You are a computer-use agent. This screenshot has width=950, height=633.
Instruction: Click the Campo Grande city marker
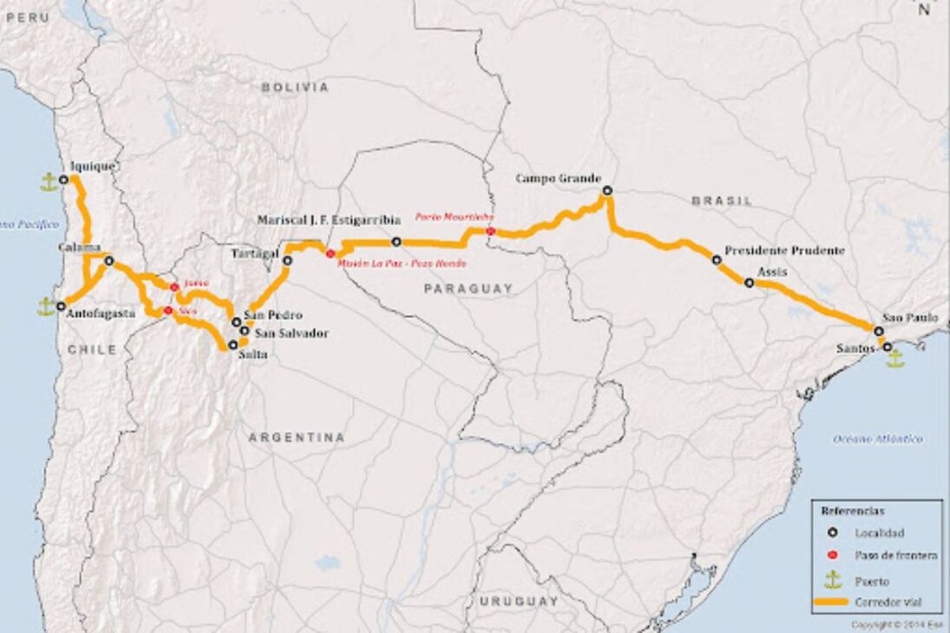[607, 190]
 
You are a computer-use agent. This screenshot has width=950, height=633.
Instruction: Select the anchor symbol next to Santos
[894, 358]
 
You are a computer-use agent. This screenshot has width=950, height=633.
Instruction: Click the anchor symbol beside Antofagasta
[47, 306]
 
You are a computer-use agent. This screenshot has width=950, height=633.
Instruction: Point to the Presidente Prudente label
[784, 251]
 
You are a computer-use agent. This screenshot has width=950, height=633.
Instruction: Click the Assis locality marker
[749, 283]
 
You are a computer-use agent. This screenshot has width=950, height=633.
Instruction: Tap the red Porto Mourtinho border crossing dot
[491, 231]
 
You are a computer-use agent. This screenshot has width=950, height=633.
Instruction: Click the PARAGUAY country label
[468, 288]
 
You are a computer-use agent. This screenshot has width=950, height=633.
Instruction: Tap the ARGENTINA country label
[297, 438]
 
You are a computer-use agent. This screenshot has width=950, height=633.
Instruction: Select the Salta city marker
[233, 344]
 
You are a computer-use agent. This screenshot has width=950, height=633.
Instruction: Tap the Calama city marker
[108, 260]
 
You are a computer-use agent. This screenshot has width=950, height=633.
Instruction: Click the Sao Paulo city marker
[879, 331]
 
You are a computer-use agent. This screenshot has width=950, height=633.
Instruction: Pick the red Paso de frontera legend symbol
[833, 556]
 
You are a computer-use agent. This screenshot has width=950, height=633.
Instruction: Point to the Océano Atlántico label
[878, 440]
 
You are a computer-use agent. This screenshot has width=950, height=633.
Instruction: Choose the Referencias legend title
[853, 512]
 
